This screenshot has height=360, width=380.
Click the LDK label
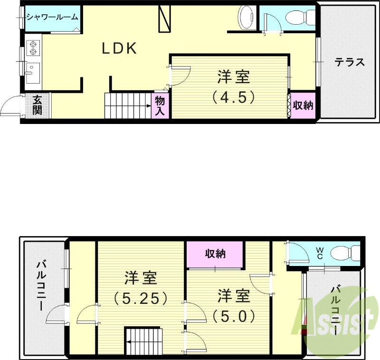click(120, 48)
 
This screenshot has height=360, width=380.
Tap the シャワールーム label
click(52, 17)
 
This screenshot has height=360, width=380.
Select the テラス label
click(349, 62)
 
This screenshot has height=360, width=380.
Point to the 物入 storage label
click(160, 106)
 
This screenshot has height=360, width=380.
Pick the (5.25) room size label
click(141, 298)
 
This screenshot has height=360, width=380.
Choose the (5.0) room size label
click(234, 315)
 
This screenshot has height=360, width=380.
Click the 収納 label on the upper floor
click(215, 254)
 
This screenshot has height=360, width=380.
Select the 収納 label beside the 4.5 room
click(303, 105)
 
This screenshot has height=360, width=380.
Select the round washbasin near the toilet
click(247, 17)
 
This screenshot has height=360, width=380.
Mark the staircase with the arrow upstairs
click(143, 340)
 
